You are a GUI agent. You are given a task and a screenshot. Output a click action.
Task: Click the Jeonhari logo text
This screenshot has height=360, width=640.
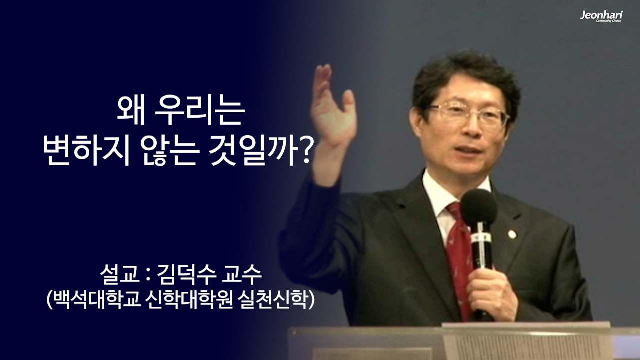pyautogui.click(x=601, y=15)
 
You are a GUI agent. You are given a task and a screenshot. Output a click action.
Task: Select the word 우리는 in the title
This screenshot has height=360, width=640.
pyautogui.click(x=200, y=112)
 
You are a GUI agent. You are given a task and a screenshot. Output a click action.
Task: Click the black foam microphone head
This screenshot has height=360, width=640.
pyautogui.click(x=478, y=206)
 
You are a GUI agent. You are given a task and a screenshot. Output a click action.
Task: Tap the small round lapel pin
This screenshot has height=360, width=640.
pyautogui.click(x=512, y=234)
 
